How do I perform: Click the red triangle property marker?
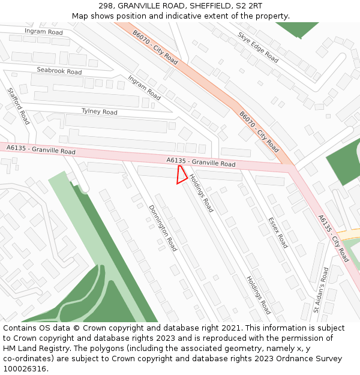point(181,176)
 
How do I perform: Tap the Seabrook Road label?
point(59,71)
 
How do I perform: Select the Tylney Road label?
point(100,112)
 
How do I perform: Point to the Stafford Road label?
point(18,106)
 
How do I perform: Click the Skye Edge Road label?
point(258,47)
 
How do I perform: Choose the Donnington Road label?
point(163,227)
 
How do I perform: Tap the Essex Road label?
point(278,232)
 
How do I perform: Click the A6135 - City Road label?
point(333,238)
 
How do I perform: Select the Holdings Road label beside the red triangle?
point(202,193)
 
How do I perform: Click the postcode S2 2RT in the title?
point(248,6)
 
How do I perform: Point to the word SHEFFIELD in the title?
point(207,6)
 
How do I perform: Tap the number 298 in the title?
point(106,6)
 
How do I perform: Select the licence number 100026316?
point(25,368)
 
